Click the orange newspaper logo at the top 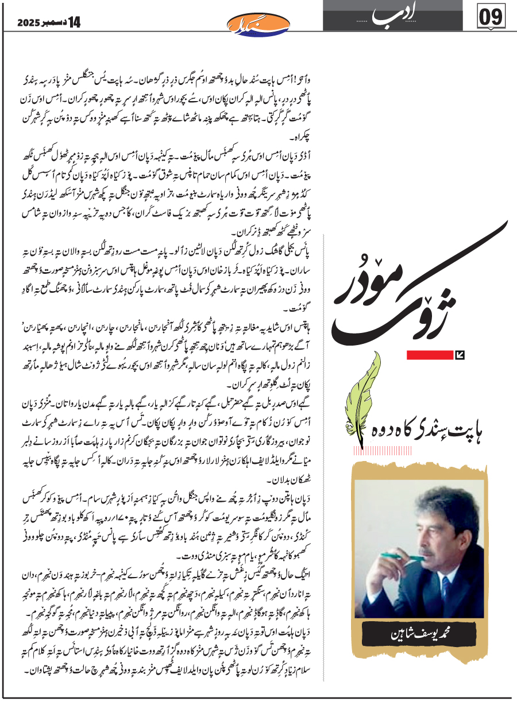click(x=251, y=24)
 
